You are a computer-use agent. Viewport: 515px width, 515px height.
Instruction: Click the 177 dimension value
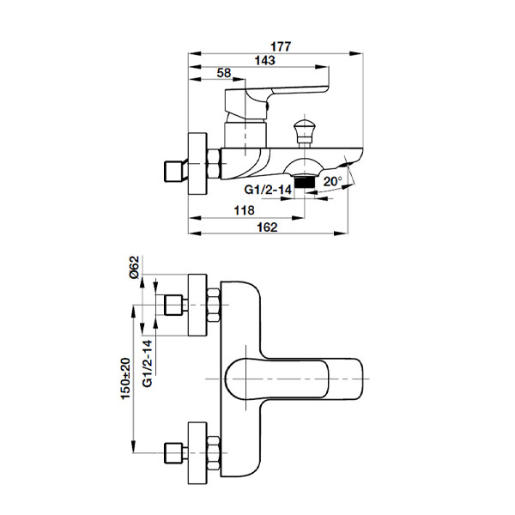281,46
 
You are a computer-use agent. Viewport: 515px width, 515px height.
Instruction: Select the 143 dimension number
264,60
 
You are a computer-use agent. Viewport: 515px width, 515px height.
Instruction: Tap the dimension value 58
224,73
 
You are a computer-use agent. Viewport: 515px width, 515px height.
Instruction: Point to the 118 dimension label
244,210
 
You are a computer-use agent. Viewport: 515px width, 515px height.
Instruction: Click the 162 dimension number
267,227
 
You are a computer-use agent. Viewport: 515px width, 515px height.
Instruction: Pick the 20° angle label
332,181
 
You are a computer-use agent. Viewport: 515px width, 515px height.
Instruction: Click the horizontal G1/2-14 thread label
268,190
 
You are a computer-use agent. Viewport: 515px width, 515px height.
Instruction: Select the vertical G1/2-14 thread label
148,363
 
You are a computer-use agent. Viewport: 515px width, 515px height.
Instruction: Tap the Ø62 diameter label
135,267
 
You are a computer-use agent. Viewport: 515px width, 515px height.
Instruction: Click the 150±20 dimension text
126,379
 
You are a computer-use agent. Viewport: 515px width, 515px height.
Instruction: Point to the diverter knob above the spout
305,132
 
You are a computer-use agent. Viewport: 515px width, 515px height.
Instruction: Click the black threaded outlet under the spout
305,182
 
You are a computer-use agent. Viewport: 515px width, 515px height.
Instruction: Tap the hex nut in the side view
214,164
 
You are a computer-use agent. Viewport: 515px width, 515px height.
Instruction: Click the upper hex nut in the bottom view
214,305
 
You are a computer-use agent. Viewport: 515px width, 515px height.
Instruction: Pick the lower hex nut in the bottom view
214,452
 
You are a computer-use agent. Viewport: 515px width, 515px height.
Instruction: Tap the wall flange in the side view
197,164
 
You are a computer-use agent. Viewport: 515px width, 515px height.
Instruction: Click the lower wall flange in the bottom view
197,453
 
